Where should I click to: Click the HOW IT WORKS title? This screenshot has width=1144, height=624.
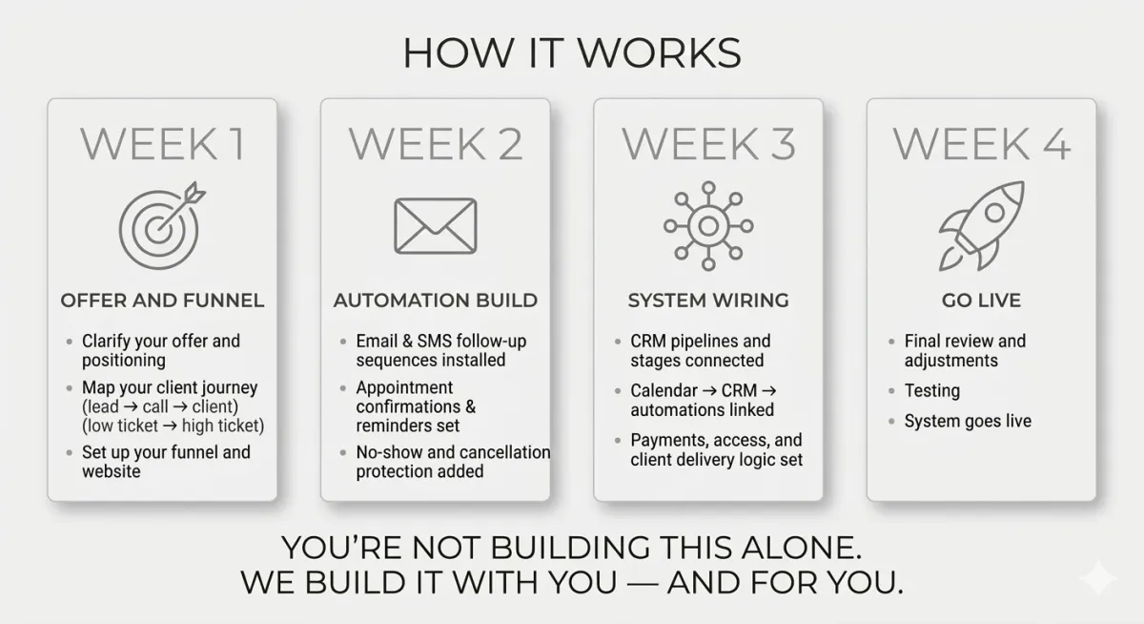571,53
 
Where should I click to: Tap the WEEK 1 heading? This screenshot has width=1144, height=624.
162,144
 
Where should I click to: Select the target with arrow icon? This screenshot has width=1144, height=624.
161,225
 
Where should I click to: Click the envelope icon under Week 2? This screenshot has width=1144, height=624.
435,226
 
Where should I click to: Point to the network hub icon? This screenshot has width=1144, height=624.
708,225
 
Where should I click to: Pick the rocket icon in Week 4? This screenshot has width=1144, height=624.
981,225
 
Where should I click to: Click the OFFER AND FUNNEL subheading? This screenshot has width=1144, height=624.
162,301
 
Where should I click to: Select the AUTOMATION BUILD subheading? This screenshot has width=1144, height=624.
435,301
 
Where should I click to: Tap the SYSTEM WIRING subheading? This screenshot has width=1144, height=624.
708,301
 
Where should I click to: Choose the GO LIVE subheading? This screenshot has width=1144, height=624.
981,301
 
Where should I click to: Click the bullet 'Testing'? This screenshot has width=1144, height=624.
931,391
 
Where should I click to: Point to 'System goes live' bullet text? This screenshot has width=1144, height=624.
968,421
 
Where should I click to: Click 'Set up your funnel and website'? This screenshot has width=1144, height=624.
165,462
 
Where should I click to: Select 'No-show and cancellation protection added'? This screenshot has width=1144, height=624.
452,462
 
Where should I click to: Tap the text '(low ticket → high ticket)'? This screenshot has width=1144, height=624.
173,426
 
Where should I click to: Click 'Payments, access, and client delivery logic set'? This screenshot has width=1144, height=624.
716,450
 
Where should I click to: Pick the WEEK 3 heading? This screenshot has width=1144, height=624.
708,144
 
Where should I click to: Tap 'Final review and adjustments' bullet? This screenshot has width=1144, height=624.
965,351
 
